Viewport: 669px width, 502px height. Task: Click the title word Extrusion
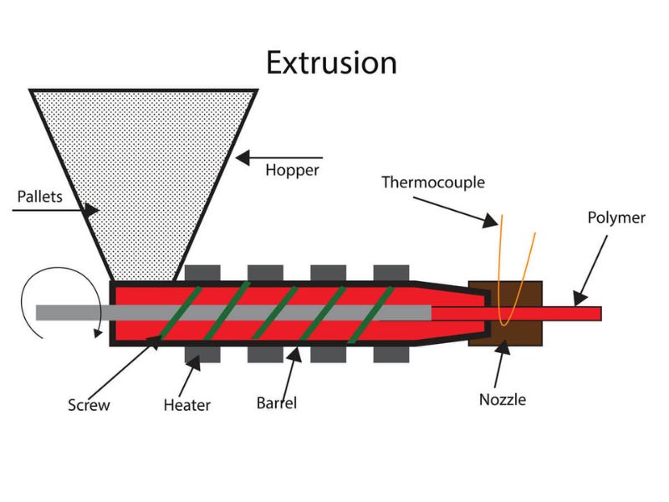click(332, 63)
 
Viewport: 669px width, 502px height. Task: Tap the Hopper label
click(292, 171)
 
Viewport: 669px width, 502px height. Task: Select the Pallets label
click(38, 198)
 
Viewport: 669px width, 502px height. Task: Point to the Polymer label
click(616, 218)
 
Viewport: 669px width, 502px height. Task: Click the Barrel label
click(276, 403)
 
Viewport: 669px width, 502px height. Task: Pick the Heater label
click(186, 406)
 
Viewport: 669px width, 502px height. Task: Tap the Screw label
click(89, 406)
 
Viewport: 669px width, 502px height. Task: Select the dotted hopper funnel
click(142, 167)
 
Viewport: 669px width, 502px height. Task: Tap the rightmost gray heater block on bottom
click(391, 353)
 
